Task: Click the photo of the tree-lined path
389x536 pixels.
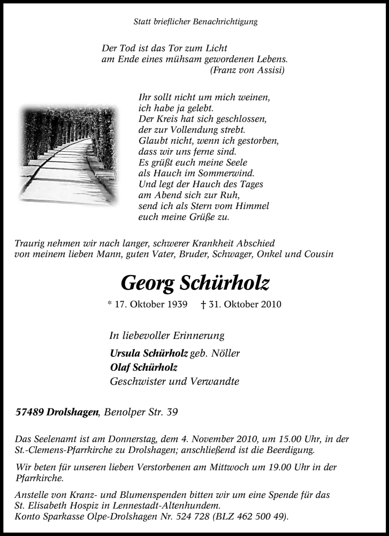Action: click(x=68, y=154)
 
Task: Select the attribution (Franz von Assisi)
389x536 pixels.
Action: click(x=248, y=70)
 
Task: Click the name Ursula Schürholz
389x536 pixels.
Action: click(x=149, y=353)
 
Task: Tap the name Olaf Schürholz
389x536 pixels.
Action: click(x=143, y=368)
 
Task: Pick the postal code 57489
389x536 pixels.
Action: click(x=30, y=412)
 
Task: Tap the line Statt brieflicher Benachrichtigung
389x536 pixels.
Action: click(x=195, y=22)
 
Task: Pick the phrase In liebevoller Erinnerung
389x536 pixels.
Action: click(x=166, y=336)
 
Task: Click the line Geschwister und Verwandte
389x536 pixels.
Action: click(x=174, y=382)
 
